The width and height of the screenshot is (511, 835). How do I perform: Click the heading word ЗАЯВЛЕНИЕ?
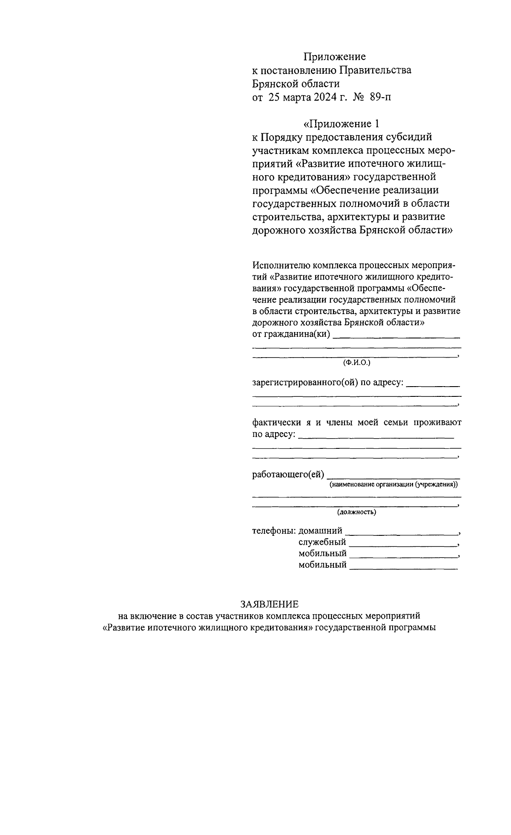click(x=269, y=604)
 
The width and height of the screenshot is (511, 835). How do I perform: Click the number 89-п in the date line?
click(x=381, y=98)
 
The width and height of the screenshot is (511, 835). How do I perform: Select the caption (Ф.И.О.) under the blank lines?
click(x=357, y=363)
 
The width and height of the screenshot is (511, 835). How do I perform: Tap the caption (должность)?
click(x=357, y=512)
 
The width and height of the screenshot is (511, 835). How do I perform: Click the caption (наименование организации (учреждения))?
click(x=394, y=485)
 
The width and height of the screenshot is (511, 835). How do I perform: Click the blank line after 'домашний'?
click(x=400, y=534)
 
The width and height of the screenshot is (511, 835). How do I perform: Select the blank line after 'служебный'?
click(x=402, y=545)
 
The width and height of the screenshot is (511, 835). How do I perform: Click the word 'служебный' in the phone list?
click(x=322, y=542)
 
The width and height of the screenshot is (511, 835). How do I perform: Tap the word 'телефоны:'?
click(x=273, y=531)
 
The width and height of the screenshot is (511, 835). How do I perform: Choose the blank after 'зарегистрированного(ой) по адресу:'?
click(x=433, y=386)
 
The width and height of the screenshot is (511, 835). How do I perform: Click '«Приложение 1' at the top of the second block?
click(x=341, y=124)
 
